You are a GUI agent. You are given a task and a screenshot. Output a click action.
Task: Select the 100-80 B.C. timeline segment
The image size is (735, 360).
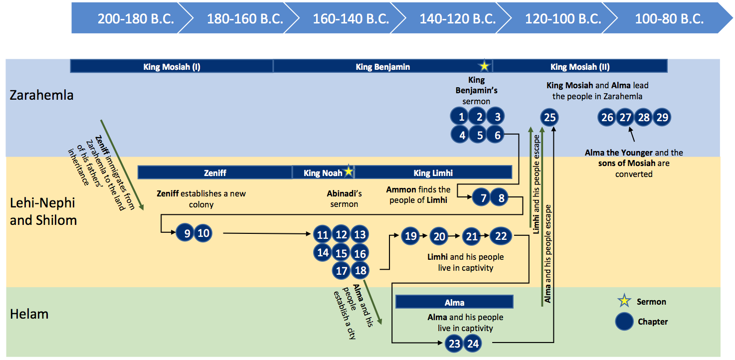(x=669, y=19)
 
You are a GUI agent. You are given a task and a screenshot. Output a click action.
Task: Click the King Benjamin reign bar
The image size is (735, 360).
(x=382, y=66)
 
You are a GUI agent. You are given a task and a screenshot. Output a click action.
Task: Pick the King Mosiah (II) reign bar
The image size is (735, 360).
(x=579, y=66)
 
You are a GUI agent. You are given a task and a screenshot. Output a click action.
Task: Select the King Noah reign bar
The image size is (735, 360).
(x=323, y=173)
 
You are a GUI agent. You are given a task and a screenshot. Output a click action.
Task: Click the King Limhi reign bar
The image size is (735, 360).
(x=433, y=173)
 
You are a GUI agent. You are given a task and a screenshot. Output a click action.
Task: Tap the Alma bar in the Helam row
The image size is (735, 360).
(x=454, y=302)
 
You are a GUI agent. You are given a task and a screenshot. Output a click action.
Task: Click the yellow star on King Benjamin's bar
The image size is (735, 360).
(x=484, y=66)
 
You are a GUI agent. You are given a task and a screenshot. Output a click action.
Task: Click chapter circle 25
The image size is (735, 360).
(x=550, y=118)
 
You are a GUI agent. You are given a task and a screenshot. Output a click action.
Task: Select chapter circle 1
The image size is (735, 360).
(x=462, y=118)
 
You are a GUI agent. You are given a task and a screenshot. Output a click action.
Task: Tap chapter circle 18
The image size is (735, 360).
(x=360, y=271)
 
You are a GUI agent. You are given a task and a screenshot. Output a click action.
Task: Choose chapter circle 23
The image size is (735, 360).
(x=454, y=343)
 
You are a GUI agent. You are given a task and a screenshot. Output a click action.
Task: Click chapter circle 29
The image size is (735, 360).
(x=662, y=118)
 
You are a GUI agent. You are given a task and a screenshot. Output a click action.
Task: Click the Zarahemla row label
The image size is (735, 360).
(x=41, y=95)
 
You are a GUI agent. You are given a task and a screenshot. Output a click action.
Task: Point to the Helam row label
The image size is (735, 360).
(x=29, y=314)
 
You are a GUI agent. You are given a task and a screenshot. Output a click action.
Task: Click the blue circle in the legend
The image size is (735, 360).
(x=624, y=322)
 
